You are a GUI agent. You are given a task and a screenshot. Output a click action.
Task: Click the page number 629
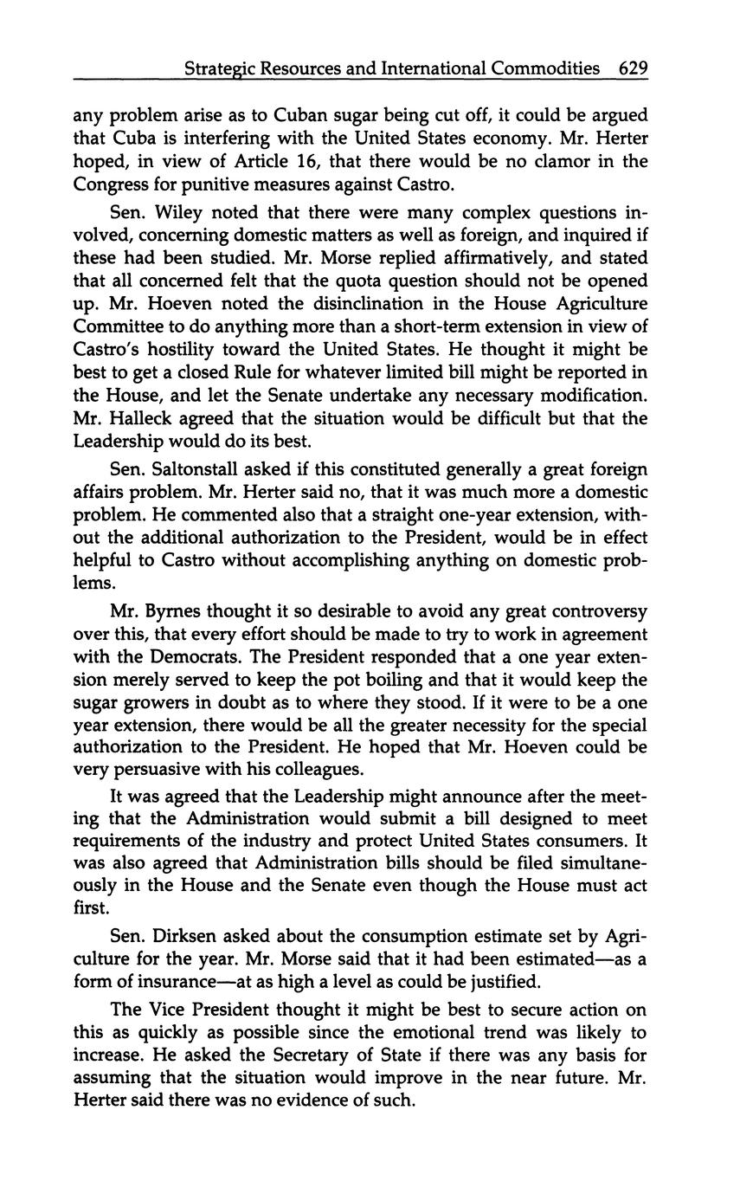coord(633,68)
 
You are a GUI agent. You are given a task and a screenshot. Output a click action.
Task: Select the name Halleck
coord(139,418)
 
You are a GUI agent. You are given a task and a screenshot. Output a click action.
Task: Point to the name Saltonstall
coord(195,470)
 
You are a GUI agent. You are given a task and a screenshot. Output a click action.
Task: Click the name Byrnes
coord(171,611)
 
